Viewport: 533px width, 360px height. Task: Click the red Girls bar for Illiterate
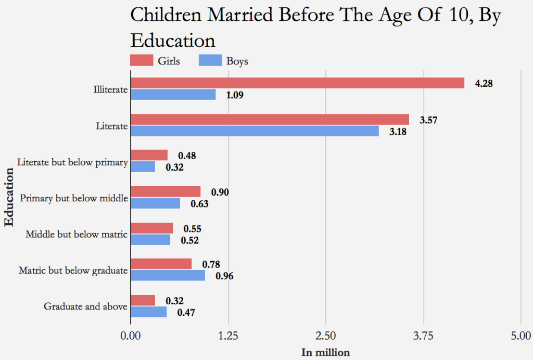pyautogui.click(x=297, y=83)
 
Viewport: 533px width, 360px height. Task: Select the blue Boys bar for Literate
pyautogui.click(x=255, y=131)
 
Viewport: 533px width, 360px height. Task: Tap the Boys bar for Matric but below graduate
pyautogui.click(x=168, y=275)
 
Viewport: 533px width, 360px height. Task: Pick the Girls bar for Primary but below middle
pyautogui.click(x=166, y=191)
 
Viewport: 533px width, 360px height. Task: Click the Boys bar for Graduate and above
pyautogui.click(x=148, y=312)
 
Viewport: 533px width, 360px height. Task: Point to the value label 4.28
pyautogui.click(x=484, y=83)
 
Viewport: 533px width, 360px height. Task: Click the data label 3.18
pyautogui.click(x=398, y=132)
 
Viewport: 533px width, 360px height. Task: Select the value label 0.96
pyautogui.click(x=224, y=276)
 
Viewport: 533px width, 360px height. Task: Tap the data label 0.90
pyautogui.click(x=220, y=192)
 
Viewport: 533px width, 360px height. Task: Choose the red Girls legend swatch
pyautogui.click(x=142, y=60)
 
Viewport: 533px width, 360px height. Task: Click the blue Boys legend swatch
pyautogui.click(x=210, y=60)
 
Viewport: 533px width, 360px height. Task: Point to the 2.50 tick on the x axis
pyautogui.click(x=326, y=335)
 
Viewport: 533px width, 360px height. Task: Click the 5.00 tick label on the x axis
pyautogui.click(x=521, y=335)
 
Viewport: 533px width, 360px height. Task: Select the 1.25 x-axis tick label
pyautogui.click(x=228, y=335)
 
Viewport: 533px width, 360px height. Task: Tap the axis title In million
pyautogui.click(x=326, y=353)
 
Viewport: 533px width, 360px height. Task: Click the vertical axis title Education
pyautogui.click(x=9, y=197)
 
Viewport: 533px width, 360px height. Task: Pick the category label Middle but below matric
pyautogui.click(x=77, y=234)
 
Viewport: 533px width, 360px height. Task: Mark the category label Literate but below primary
pyautogui.click(x=72, y=162)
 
